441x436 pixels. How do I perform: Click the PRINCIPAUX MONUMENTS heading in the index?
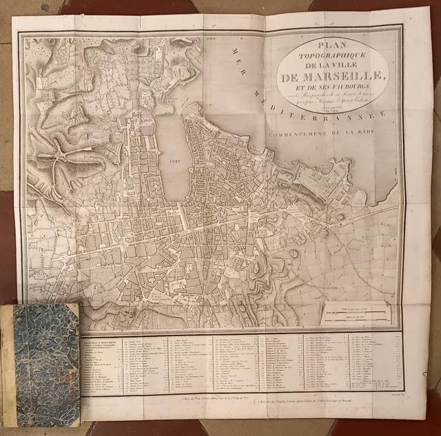coord(103,340)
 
